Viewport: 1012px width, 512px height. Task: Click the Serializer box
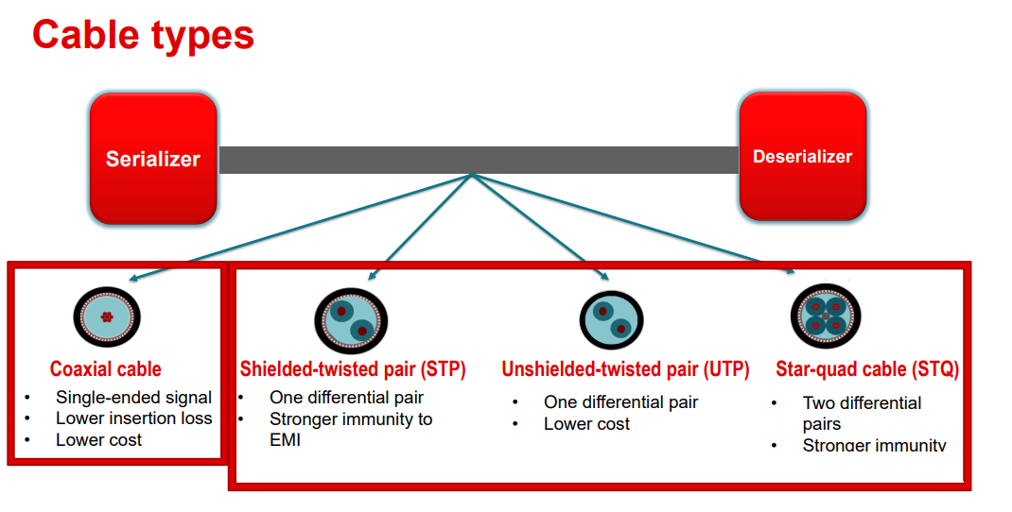coord(153,159)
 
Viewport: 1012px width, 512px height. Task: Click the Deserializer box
coord(803,157)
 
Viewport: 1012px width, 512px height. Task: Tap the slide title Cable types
coord(143,35)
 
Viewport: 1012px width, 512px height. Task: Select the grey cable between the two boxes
coord(479,160)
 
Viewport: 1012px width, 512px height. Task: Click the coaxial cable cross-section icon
coord(107,316)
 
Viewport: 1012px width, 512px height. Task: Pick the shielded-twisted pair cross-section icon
coord(351,320)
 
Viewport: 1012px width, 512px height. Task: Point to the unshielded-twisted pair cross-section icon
coord(611,320)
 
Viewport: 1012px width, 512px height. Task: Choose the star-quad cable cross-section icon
coord(826,316)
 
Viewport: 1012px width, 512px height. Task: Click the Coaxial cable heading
coord(106,369)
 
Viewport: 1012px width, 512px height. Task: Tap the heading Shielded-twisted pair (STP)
coord(353,369)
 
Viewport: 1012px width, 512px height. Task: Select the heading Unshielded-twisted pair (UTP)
coord(625,369)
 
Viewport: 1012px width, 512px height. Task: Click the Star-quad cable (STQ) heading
coord(867,369)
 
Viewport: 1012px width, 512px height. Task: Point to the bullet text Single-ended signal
coord(133,397)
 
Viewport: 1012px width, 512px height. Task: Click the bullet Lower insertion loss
coord(133,418)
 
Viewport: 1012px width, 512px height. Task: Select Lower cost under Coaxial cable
coord(98,440)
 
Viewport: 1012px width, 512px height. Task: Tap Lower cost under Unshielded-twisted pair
coord(586,423)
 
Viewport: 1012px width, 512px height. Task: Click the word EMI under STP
coord(286,440)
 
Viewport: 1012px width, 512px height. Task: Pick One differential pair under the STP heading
coord(346,397)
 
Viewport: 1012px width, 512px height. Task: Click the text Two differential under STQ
coord(862,403)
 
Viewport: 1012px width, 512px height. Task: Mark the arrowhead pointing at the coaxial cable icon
coord(133,278)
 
